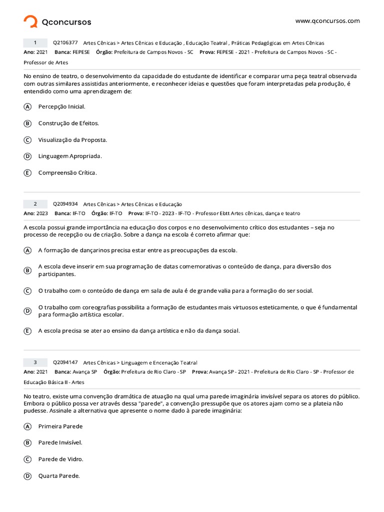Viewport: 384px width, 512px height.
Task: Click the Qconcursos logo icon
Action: point(30,21)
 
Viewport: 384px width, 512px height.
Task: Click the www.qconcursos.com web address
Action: point(327,21)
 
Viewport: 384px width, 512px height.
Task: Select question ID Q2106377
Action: point(65,42)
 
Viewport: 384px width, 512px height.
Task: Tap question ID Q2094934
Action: point(65,204)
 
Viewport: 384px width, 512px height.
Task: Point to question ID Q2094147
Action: point(65,362)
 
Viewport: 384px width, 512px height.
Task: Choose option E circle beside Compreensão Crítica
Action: point(27,173)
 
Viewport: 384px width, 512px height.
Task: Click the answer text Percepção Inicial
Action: point(61,106)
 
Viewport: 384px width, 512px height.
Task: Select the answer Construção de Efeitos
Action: point(68,123)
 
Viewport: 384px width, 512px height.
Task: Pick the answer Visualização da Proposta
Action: point(72,139)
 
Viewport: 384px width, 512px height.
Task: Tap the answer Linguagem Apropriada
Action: point(70,156)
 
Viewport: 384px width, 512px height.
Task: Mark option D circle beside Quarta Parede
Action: point(27,476)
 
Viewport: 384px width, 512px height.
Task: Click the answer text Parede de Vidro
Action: point(60,459)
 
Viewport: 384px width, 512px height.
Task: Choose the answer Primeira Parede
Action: point(60,426)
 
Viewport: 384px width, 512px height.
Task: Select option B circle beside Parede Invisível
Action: point(27,442)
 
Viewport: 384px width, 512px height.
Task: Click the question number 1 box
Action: point(35,42)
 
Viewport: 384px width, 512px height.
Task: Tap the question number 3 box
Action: point(35,362)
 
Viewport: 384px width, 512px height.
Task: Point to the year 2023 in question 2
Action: point(42,213)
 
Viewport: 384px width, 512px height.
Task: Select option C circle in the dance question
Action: point(27,290)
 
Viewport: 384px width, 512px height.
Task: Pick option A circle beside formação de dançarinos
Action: point(27,250)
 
